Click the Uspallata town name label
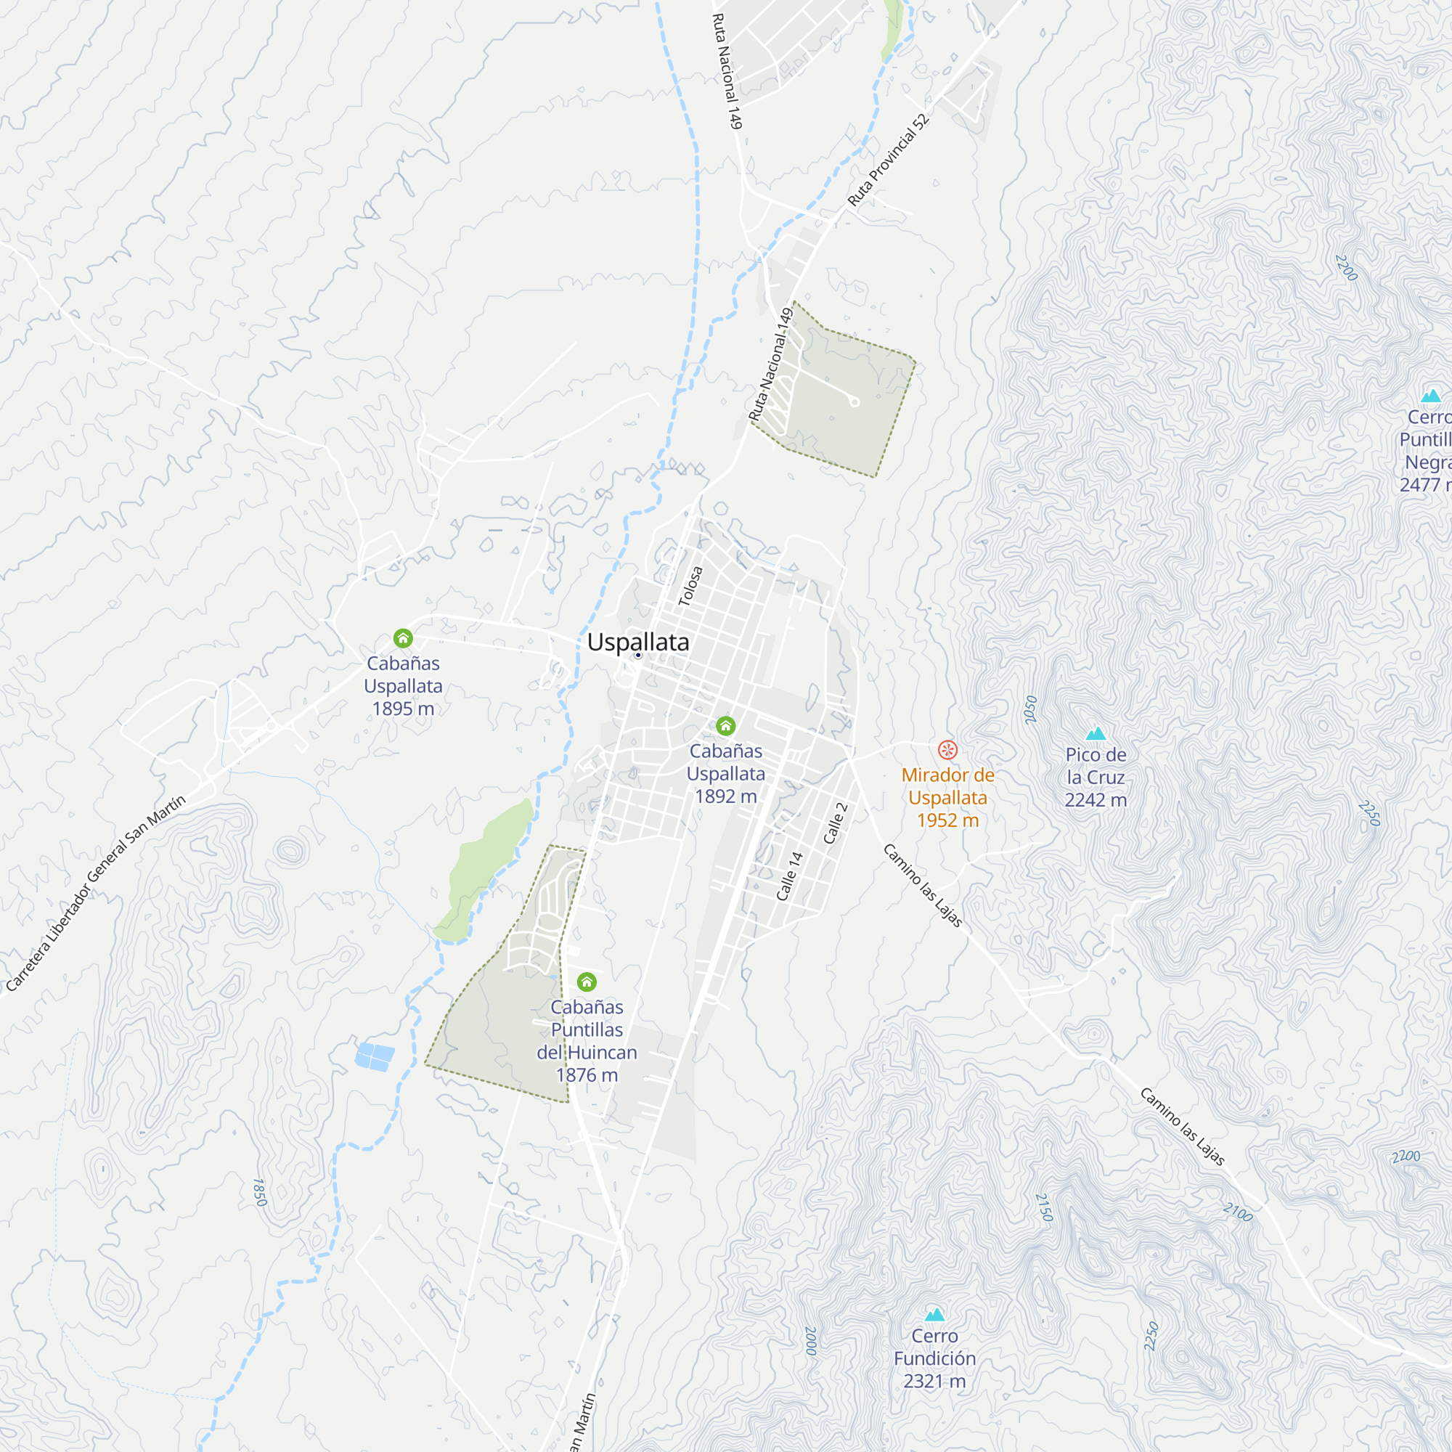tap(637, 643)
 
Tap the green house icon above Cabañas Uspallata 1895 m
tap(403, 639)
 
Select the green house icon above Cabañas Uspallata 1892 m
tap(725, 726)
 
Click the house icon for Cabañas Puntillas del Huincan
tap(587, 982)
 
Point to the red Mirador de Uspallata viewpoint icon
tap(947, 749)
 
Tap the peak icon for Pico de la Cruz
tap(1096, 733)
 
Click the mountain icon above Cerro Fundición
tap(934, 1315)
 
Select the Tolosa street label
tap(690, 586)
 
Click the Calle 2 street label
tap(835, 823)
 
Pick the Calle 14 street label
tap(789, 876)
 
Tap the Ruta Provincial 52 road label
tap(889, 160)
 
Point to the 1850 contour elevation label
tap(259, 1192)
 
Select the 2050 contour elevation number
tap(1030, 709)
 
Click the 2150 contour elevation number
tap(1044, 1208)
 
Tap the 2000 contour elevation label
tap(810, 1342)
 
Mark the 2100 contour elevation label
tap(1237, 1212)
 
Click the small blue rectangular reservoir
tap(375, 1056)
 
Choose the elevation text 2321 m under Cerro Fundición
tap(934, 1382)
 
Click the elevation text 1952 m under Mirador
tap(947, 820)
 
